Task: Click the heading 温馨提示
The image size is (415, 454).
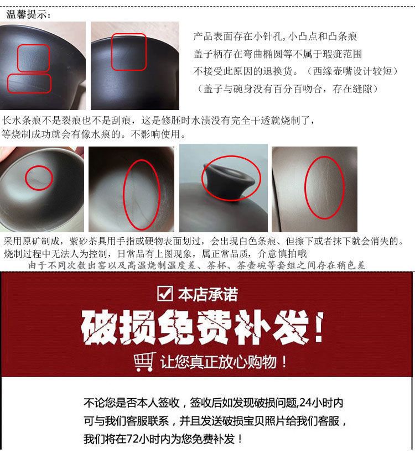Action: coord(28,14)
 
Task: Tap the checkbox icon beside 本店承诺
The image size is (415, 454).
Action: coord(164,293)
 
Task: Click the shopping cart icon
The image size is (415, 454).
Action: coord(144,362)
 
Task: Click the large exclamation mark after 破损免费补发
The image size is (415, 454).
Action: coord(319,328)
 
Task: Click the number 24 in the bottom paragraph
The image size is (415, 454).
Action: coord(305,403)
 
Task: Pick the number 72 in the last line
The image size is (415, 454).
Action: coord(132,439)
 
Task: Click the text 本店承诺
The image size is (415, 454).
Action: coord(208,294)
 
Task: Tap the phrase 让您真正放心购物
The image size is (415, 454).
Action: coord(218,362)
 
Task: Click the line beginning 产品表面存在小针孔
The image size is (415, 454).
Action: coord(276,36)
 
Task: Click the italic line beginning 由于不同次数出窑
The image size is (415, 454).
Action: coord(197,265)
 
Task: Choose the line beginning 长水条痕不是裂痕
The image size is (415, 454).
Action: coord(159,120)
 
